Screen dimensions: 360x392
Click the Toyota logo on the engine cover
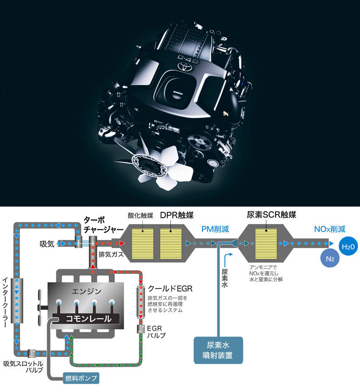coord(184,66)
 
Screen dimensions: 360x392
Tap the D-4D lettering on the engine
coord(188,59)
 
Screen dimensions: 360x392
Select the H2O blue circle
coord(348,246)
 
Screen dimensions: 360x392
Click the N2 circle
coord(330,258)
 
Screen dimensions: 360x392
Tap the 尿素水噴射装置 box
coord(218,350)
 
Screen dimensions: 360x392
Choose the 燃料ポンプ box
coord(81,378)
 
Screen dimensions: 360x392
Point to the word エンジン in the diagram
coord(86,291)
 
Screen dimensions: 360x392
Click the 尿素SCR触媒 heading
coord(271,215)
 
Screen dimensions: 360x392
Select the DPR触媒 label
coord(177,215)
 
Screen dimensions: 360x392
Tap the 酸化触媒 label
coord(140,215)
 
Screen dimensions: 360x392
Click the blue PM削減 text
coord(215,229)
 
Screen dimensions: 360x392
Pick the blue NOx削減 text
coord(330,229)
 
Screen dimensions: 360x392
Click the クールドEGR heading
coord(170,289)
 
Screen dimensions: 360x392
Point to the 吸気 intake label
coord(47,244)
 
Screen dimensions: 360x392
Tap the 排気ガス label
coord(111,254)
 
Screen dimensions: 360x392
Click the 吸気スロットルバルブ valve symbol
coord(31,354)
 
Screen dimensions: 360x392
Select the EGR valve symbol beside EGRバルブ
coord(141,329)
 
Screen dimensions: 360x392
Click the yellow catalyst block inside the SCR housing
coord(266,244)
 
